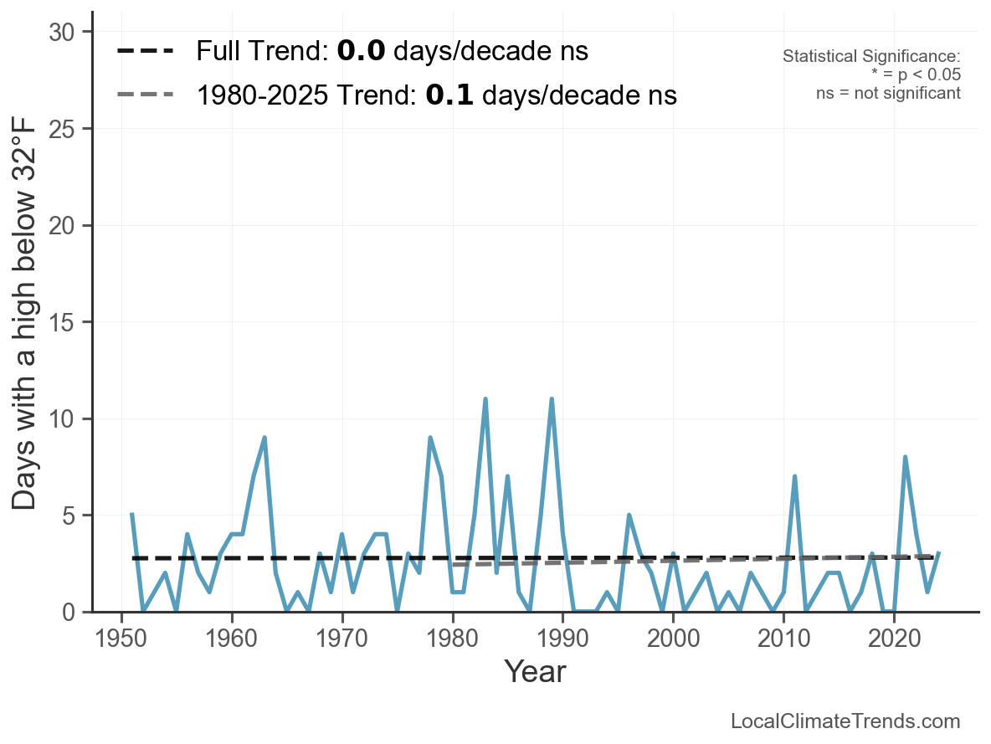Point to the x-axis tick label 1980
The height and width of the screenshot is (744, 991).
[x=453, y=639]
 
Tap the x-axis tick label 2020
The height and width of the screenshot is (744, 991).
[x=894, y=639]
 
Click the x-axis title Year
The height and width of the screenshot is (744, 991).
[x=535, y=671]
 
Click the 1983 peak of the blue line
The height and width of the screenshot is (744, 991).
[x=485, y=399]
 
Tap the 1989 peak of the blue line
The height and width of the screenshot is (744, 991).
[x=552, y=399]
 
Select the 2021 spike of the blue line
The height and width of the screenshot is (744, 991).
[x=905, y=457]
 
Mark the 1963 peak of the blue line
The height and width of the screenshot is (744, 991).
[x=264, y=438]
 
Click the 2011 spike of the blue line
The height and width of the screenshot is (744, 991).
[x=794, y=476]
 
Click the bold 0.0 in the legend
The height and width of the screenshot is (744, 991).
[x=361, y=51]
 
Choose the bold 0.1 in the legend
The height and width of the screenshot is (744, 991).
[x=449, y=95]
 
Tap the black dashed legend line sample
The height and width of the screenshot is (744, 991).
[x=146, y=51]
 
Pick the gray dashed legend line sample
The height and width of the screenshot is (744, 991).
[x=146, y=95]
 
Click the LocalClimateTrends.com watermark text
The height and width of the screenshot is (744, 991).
[x=845, y=721]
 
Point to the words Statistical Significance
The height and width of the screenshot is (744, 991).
[x=871, y=56]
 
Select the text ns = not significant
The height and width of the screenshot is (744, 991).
[x=888, y=93]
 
